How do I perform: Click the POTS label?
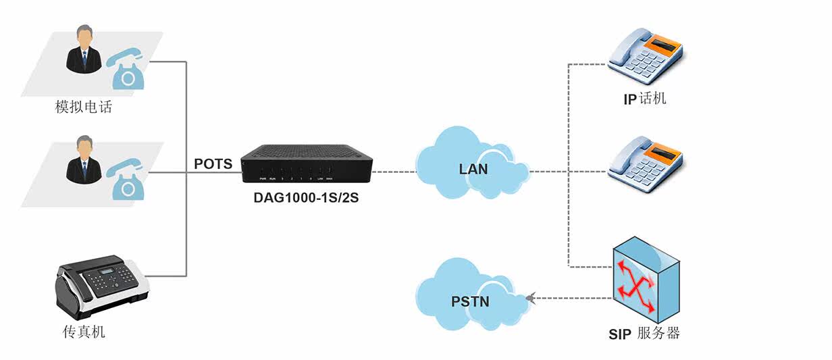click(x=213, y=164)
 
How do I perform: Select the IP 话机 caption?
click(x=644, y=99)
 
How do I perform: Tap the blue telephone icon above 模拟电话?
click(x=128, y=68)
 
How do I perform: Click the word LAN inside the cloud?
click(x=473, y=168)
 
